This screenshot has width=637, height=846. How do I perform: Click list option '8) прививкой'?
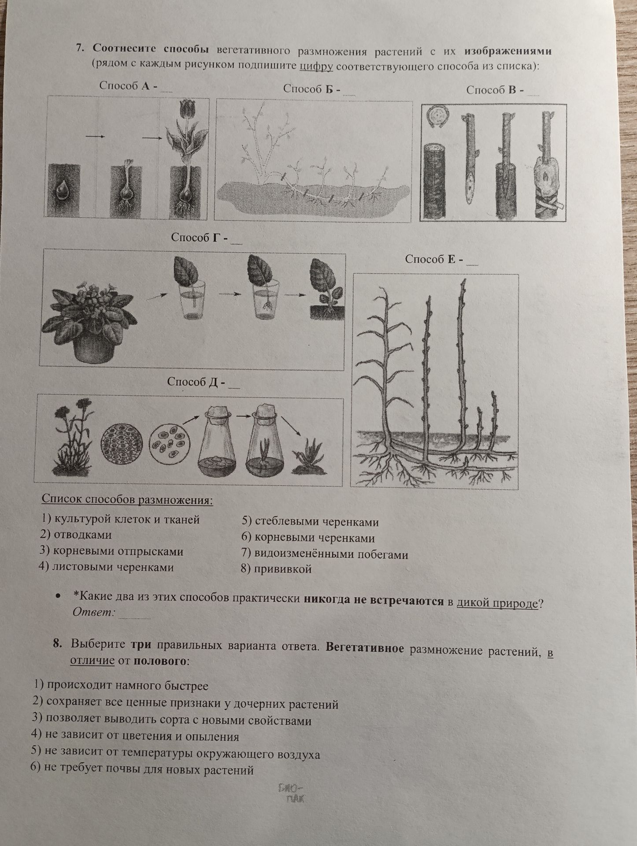[276, 569]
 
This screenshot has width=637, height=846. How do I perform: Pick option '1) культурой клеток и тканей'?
[120, 519]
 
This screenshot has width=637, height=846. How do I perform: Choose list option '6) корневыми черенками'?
[308, 538]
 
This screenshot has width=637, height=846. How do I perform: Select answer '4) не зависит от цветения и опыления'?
[135, 736]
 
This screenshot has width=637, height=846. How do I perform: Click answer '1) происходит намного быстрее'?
[121, 686]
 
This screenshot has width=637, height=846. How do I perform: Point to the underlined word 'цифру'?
[316, 67]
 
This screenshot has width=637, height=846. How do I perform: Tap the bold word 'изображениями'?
[507, 51]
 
